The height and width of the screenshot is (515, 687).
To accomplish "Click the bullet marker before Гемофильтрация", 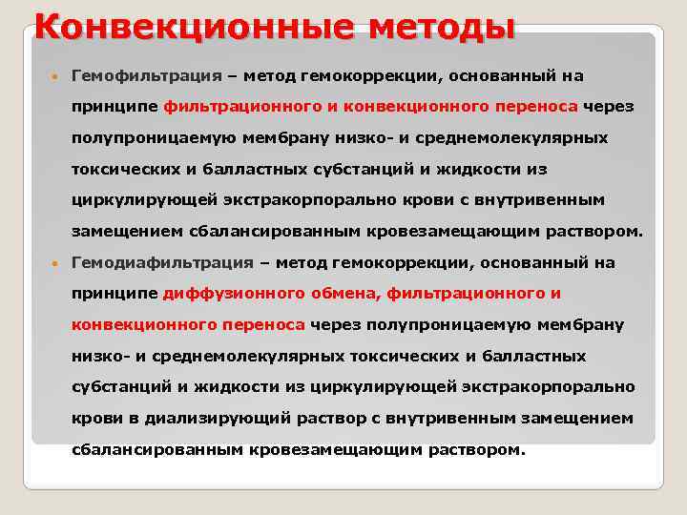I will (56, 76).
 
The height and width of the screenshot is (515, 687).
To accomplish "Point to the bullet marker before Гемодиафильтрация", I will (56, 263).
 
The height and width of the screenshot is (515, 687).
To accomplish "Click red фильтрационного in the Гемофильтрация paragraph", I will (233, 107).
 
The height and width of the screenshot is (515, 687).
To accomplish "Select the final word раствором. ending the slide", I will (483, 449).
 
